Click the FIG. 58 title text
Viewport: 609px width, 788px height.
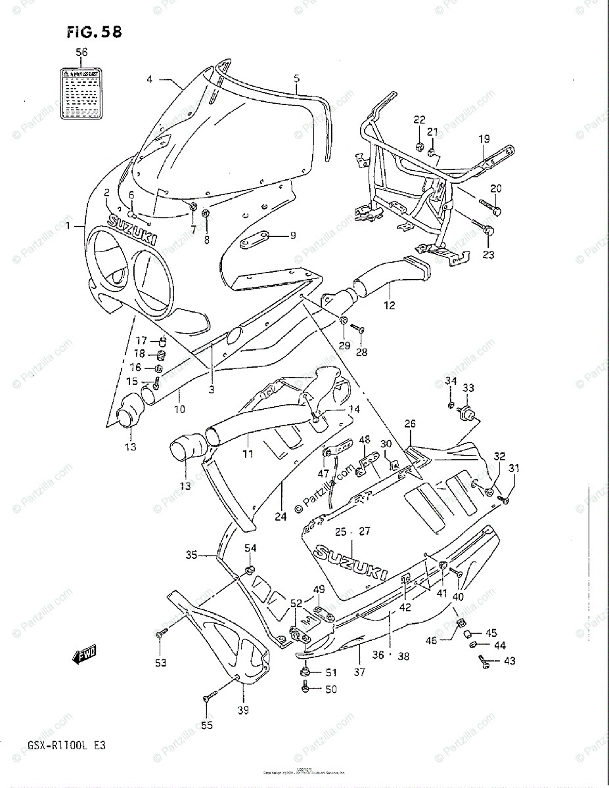[94, 32]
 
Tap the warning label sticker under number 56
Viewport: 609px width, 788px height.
[81, 93]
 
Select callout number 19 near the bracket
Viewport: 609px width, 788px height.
[484, 139]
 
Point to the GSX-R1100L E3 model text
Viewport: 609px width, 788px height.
[58, 745]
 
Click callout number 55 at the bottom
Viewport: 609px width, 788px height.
[207, 726]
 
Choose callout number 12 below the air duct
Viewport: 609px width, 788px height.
[390, 305]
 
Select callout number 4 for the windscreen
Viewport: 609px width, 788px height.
[150, 79]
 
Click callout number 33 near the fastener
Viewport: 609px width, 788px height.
[468, 389]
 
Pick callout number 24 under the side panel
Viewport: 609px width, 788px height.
[281, 516]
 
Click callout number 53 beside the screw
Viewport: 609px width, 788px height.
[161, 663]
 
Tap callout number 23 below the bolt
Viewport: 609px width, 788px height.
[488, 255]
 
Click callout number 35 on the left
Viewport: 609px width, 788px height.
[191, 555]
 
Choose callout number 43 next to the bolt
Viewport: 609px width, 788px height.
[510, 661]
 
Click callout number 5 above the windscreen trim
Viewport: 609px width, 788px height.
[296, 79]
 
